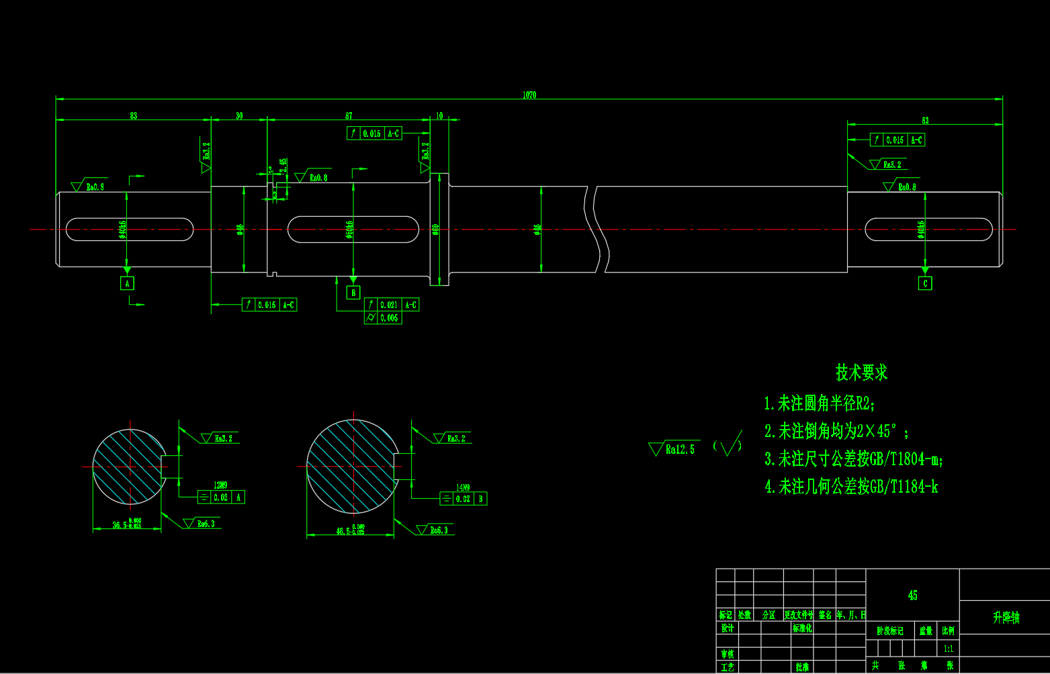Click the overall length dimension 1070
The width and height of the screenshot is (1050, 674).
pos(529,95)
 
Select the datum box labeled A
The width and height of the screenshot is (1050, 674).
pos(127,283)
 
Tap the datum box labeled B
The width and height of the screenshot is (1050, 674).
pos(353,293)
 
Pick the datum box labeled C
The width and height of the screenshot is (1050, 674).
pos(925,283)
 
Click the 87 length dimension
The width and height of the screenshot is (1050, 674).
pos(349,116)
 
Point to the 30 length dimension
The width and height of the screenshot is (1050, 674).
pos(239,116)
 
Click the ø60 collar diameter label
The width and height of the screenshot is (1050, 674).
pos(435,230)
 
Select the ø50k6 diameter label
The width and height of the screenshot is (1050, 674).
pos(349,230)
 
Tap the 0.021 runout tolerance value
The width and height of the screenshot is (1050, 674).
pos(389,305)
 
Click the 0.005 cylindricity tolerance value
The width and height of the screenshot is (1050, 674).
pos(389,318)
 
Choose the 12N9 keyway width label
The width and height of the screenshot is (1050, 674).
pos(220,485)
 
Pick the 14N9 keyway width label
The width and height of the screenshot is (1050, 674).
pos(463,487)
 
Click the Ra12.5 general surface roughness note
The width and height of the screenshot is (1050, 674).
pos(680,449)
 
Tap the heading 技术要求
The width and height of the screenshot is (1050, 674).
pos(861,373)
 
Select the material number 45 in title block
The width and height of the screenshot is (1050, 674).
pos(912,595)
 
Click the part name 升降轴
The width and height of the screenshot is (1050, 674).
pos(1006,618)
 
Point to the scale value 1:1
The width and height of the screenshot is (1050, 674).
pos(948,648)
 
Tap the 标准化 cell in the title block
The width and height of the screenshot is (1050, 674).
pos(802,629)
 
